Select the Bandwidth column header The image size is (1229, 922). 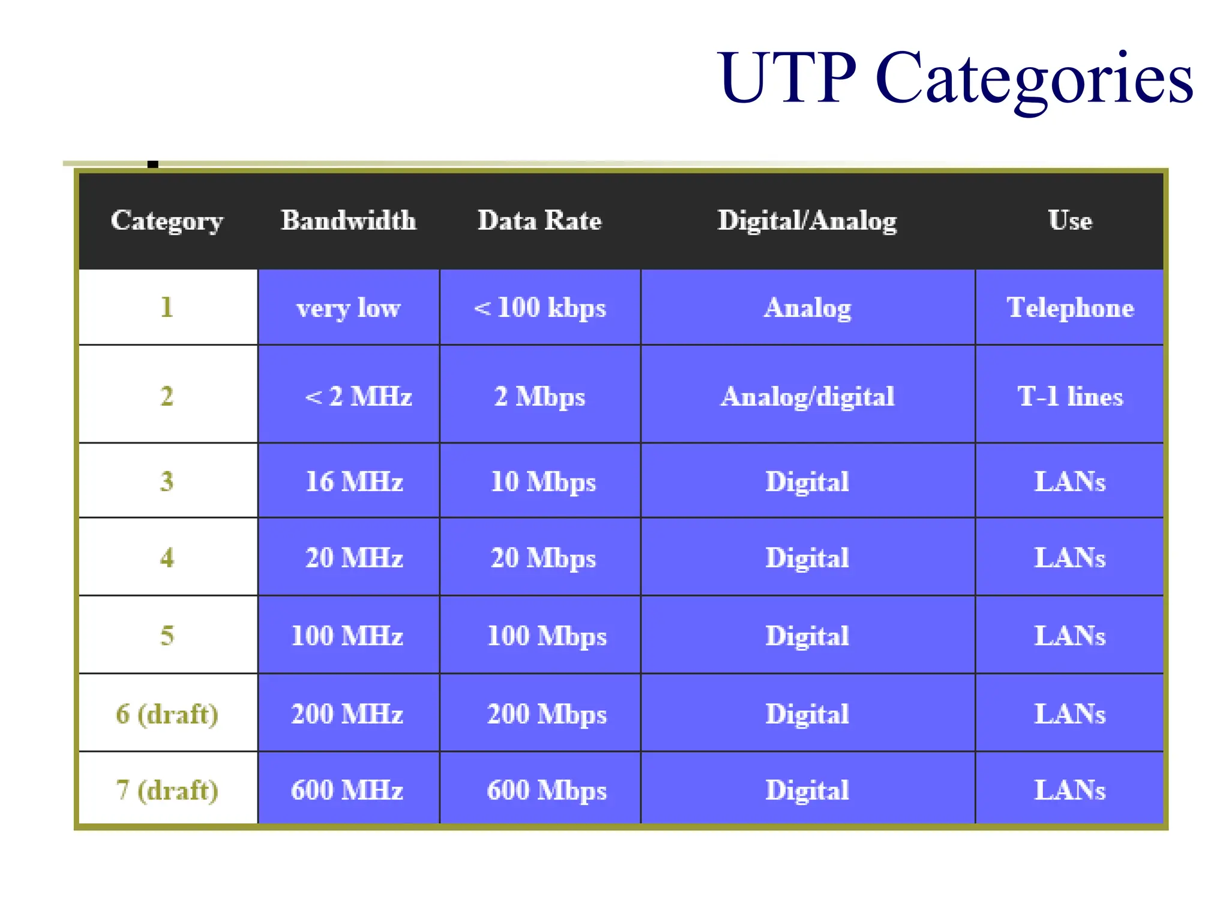[x=349, y=220]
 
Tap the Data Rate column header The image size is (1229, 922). [x=539, y=220]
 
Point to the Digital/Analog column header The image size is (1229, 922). [x=807, y=221]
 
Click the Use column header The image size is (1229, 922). [x=1070, y=220]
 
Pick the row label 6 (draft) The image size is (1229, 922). [x=167, y=714]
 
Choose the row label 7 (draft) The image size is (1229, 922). [x=167, y=790]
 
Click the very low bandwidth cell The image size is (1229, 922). [x=349, y=308]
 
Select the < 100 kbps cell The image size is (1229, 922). [x=539, y=307]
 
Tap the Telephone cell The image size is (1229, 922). [x=1070, y=307]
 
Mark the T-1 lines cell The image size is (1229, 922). [x=1070, y=396]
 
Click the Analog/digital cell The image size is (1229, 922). [x=807, y=396]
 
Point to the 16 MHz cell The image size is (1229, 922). [x=354, y=481]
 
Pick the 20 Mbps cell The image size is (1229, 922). [x=543, y=558]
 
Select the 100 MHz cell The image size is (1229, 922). [x=347, y=636]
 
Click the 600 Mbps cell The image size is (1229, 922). [x=547, y=790]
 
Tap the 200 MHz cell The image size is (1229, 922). [x=347, y=714]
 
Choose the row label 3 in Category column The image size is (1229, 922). [x=167, y=481]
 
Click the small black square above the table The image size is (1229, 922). [x=153, y=164]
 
